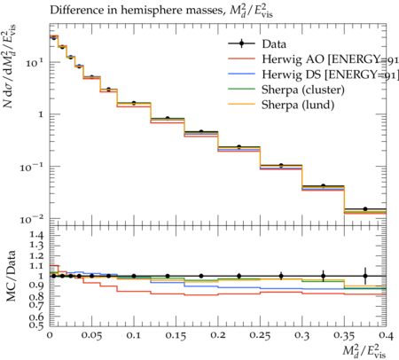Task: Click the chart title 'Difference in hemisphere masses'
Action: pyautogui.click(x=136, y=10)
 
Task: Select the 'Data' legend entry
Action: pyautogui.click(x=274, y=44)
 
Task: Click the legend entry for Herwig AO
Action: pyautogui.click(x=330, y=59)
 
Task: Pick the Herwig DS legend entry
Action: pyautogui.click(x=330, y=74)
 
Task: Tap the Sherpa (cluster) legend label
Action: pyautogui.click(x=303, y=90)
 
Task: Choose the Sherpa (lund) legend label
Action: pyautogui.click(x=298, y=105)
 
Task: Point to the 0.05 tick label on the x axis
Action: pyautogui.click(x=91, y=335)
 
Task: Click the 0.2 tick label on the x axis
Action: pyautogui.click(x=218, y=335)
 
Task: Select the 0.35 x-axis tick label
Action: pyautogui.click(x=344, y=335)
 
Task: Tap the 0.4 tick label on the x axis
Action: pyautogui.click(x=387, y=335)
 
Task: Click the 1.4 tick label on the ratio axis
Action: pyautogui.click(x=36, y=235)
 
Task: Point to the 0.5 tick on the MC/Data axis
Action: pyautogui.click(x=36, y=325)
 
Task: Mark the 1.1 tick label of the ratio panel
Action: pyautogui.click(x=36, y=266)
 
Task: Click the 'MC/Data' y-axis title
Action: pyautogui.click(x=11, y=276)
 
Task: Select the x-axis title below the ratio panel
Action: pyautogui.click(x=364, y=351)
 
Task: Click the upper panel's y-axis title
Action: pyautogui.click(x=10, y=66)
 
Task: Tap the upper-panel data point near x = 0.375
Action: pyautogui.click(x=365, y=209)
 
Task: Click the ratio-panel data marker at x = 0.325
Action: pyautogui.click(x=324, y=276)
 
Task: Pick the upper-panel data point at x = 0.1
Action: pyautogui.click(x=134, y=103)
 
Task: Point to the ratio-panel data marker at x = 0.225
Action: pyautogui.click(x=239, y=276)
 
